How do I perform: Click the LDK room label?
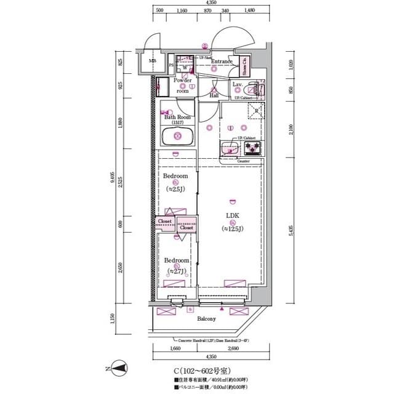click(x=232, y=215)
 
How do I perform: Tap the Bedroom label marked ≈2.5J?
click(x=175, y=176)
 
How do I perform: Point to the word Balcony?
click(x=206, y=319)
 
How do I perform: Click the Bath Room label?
click(x=177, y=117)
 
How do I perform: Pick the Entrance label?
click(x=222, y=62)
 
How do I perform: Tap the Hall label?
click(x=214, y=95)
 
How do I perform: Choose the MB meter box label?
click(x=151, y=61)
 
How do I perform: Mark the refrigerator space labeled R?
click(x=255, y=111)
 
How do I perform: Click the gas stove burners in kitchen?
click(x=253, y=148)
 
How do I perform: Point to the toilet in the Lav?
click(x=257, y=90)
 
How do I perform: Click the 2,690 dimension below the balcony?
click(x=233, y=348)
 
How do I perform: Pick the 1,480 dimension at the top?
click(x=249, y=11)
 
